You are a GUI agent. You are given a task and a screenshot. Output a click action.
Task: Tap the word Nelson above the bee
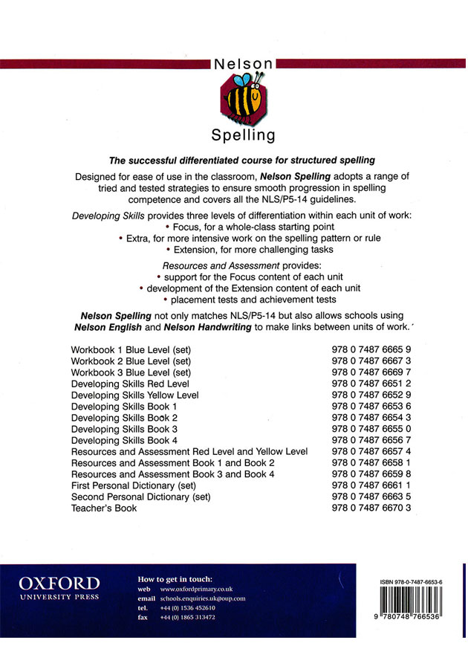pos(243,65)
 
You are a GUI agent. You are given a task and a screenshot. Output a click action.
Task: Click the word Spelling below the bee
pos(243,135)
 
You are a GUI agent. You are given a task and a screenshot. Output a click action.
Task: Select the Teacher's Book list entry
pos(104,508)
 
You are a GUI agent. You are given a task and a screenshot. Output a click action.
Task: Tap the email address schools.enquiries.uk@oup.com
pos(203,598)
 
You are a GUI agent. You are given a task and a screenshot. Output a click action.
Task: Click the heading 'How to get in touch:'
pos(175,579)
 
